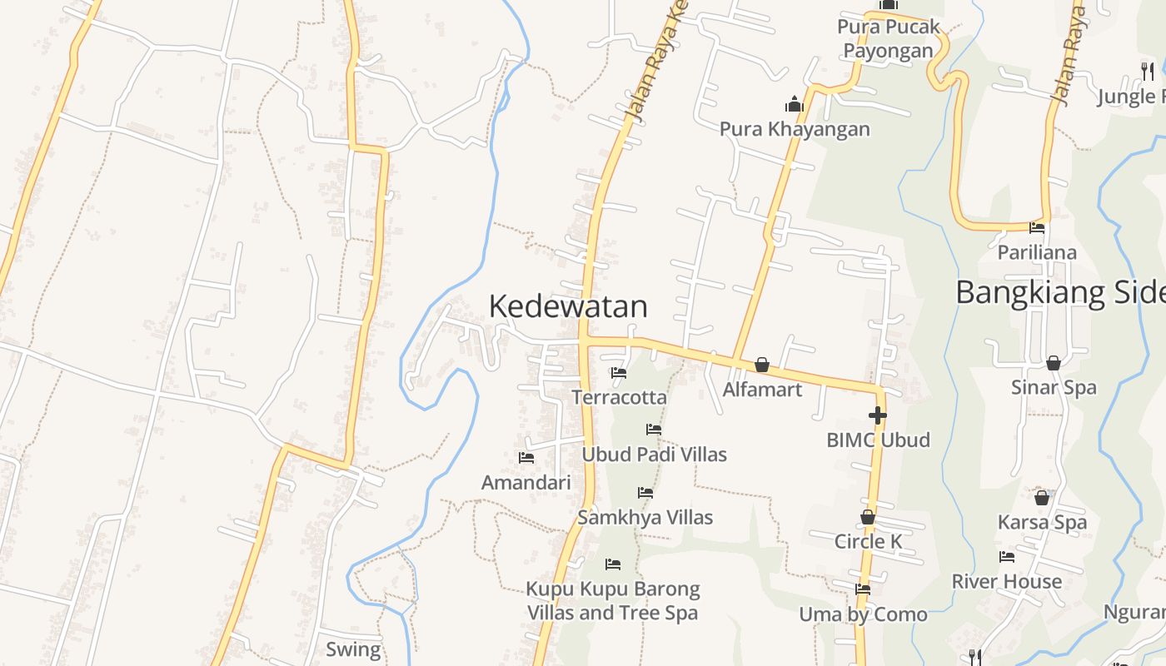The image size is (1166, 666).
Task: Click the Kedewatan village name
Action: coord(568,306)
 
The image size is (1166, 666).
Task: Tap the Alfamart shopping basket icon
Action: coord(761,365)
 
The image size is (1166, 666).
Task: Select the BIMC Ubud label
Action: coord(878,440)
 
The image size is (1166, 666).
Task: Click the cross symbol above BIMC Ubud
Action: coord(877,415)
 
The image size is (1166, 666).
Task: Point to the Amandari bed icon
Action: coord(526,457)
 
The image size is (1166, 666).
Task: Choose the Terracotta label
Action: coord(619,397)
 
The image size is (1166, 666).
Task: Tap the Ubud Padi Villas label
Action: coord(654,455)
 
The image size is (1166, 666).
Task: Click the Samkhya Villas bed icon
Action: coord(645,493)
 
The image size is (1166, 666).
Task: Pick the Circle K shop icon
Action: coord(868,517)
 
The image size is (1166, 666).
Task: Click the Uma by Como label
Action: coord(863,614)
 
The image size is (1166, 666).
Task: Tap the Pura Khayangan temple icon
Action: coord(794,104)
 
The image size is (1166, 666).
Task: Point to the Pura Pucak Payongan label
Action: coord(889,39)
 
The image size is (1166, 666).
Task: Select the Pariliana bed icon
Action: coord(1037,227)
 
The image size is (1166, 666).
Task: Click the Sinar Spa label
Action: coord(1054,387)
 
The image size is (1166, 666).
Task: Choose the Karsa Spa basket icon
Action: coord(1042,498)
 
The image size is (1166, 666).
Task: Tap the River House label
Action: coord(1007,581)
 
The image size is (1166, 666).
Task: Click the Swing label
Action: coord(353,649)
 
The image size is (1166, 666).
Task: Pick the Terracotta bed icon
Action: coord(619,373)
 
